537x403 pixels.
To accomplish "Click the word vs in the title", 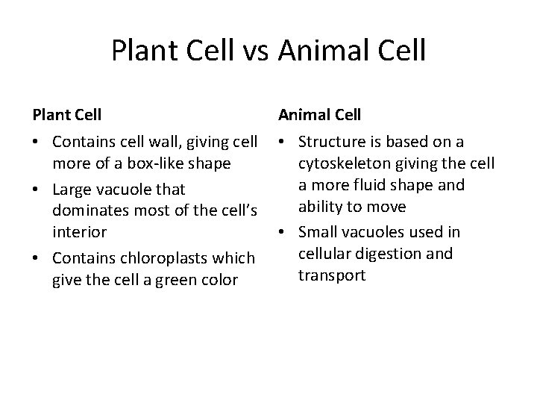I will tap(255, 51).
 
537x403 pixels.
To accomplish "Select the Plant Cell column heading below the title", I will tap(67, 115).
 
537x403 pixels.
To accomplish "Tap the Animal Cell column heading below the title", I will tap(319, 115).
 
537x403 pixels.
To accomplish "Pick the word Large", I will tap(72, 190).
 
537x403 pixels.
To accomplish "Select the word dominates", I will tap(84, 210).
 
